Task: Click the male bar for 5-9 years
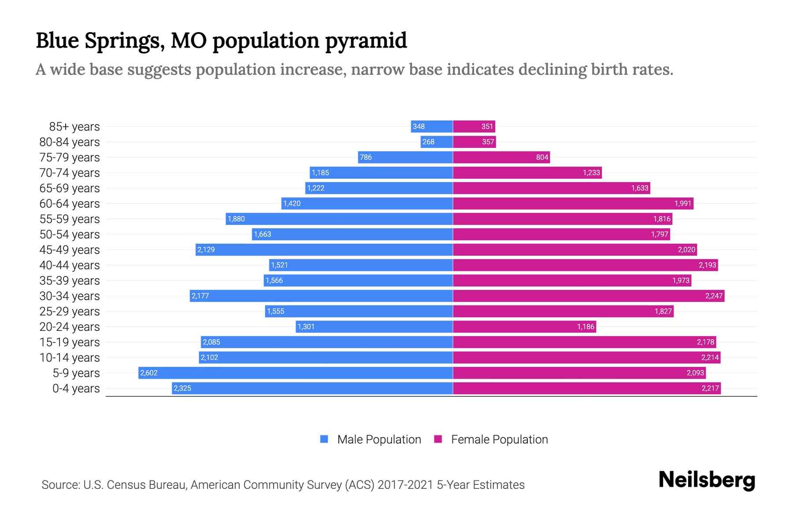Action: tap(295, 373)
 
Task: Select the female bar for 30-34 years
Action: tap(589, 296)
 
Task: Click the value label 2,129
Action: tap(206, 249)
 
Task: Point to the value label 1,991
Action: tap(683, 203)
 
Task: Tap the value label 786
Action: tap(366, 157)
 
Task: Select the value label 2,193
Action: tap(707, 265)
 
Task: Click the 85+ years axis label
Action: tap(74, 127)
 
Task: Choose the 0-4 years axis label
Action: tap(76, 389)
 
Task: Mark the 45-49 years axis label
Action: tap(70, 250)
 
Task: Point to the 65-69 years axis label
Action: tap(70, 188)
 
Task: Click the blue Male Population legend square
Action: tap(324, 439)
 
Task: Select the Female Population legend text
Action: tap(499, 440)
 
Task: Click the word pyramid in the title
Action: tap(366, 41)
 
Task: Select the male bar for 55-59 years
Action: tap(339, 219)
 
